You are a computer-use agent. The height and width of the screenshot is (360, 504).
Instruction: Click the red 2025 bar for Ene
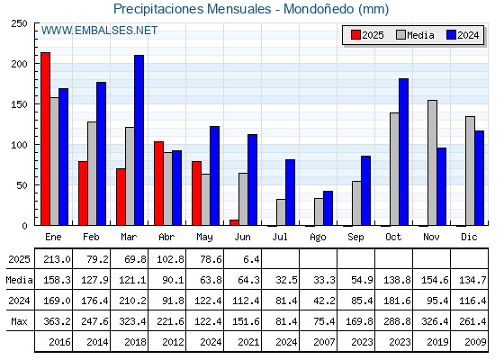click(x=45, y=139)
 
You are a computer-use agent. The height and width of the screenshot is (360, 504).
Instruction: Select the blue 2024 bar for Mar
click(x=139, y=140)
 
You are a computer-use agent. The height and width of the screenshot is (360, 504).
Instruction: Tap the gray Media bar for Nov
click(x=432, y=163)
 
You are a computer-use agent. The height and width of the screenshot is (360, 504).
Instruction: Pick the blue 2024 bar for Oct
click(x=404, y=152)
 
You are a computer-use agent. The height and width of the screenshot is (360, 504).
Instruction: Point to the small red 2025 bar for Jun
click(x=234, y=222)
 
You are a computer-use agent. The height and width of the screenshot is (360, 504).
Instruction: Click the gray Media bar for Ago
click(x=319, y=211)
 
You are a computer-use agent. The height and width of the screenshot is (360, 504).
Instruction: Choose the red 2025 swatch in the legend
click(x=355, y=35)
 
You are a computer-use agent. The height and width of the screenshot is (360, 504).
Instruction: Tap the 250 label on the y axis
click(x=20, y=23)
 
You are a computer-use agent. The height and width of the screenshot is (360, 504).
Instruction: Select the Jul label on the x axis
click(x=280, y=237)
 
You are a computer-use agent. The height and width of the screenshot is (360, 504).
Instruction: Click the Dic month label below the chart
click(x=469, y=237)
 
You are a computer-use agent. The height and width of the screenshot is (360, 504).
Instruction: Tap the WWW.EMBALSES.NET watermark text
click(x=99, y=31)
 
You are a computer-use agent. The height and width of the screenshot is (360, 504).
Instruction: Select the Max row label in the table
click(x=19, y=321)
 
